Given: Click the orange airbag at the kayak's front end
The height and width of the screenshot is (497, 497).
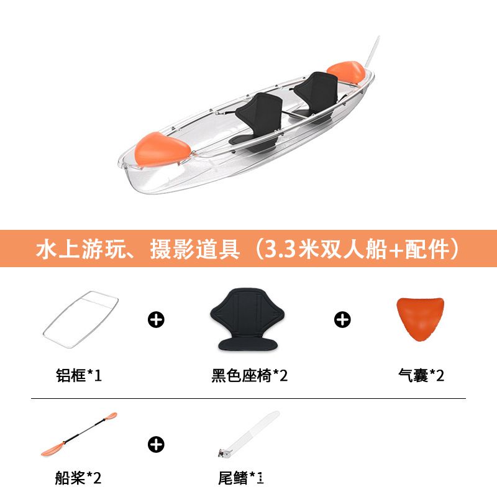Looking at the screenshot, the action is pos(162,150).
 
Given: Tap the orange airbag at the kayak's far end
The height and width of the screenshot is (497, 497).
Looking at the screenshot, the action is pos(346,72).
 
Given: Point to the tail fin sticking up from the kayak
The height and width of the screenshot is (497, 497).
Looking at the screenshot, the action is pos(372,52).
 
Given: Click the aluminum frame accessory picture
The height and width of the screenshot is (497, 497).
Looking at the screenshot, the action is pos(80,319).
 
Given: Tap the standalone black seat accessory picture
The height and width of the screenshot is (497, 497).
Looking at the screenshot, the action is pos(247,319).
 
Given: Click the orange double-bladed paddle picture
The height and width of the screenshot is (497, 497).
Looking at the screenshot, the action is pos(79,434).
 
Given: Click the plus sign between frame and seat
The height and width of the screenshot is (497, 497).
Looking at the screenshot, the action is pos(156,319).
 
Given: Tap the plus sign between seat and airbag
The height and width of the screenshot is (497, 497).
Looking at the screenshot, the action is pos(342,319).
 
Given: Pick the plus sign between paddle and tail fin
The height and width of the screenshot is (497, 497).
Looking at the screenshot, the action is pos(156,444).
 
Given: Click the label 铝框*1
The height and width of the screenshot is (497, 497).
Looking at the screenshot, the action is pos(79,375).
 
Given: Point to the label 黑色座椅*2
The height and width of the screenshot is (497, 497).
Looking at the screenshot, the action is pos(250,375).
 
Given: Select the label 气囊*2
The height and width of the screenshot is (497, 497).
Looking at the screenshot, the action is pos(421,375).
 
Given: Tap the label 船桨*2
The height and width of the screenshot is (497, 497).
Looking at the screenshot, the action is pos(78,478).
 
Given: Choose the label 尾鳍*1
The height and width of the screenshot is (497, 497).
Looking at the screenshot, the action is pos(241,478).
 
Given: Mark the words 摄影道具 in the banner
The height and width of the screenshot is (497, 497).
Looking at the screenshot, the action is pos(195,249).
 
